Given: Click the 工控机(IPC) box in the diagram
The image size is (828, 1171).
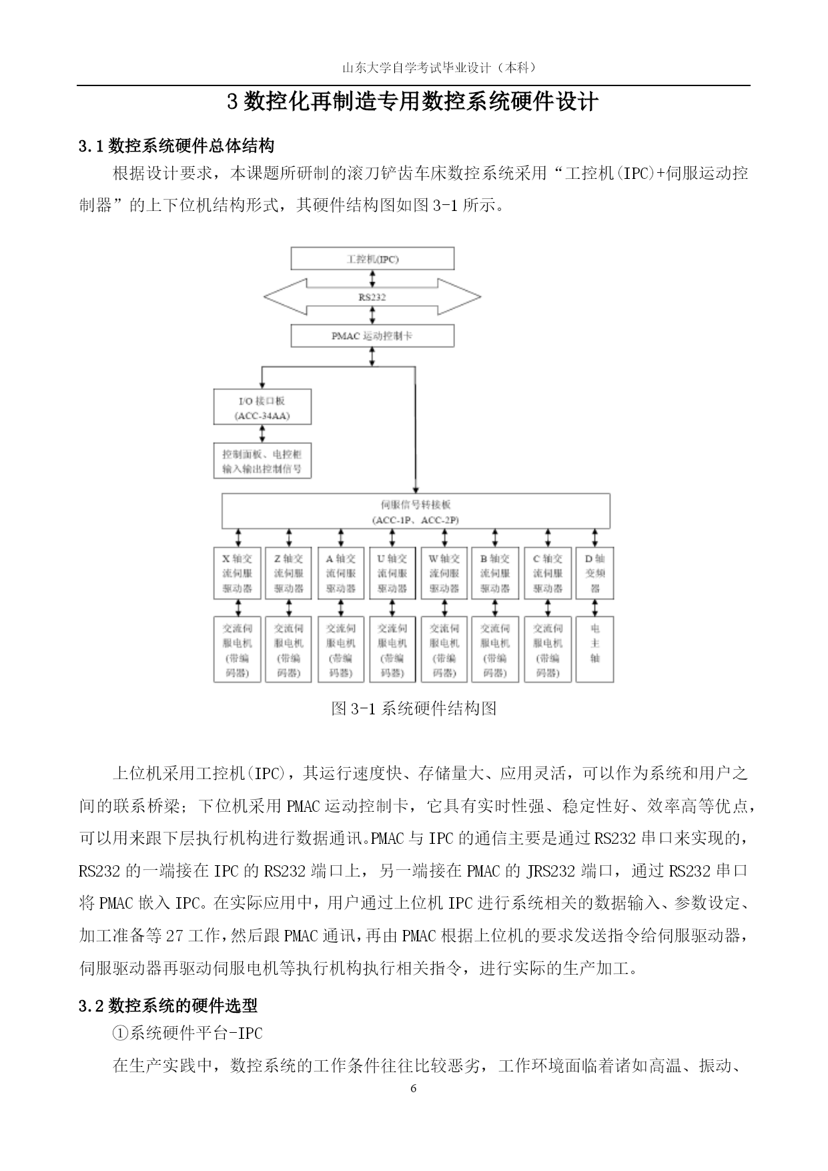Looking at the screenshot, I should (372, 258).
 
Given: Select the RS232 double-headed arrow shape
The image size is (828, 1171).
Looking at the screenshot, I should (372, 297).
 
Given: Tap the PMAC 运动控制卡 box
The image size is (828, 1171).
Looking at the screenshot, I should (372, 336).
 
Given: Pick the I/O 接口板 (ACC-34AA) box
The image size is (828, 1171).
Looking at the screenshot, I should (262, 407).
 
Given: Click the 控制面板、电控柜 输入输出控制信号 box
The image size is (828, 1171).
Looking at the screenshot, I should (262, 461).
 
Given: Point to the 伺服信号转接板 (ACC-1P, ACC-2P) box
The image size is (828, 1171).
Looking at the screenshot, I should (415, 511).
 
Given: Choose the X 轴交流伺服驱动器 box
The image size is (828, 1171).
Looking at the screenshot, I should (237, 573).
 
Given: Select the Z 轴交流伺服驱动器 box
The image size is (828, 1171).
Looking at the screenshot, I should (288, 573).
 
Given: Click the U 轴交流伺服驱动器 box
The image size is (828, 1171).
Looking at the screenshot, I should (392, 573).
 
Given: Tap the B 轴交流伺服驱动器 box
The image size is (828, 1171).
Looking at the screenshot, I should (494, 573).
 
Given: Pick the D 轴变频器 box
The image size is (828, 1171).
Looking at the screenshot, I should (595, 573).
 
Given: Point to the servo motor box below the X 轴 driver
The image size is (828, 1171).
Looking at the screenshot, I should (237, 650).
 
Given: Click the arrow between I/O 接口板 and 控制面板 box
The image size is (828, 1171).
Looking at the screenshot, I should (262, 433).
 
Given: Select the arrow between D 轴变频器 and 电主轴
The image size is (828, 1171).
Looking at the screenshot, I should (595, 608).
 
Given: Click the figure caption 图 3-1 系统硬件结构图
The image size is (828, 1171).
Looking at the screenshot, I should (414, 708).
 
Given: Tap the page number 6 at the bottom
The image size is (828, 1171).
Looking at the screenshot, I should (414, 1089).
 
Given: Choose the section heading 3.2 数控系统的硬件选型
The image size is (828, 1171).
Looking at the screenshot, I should (168, 1005).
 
